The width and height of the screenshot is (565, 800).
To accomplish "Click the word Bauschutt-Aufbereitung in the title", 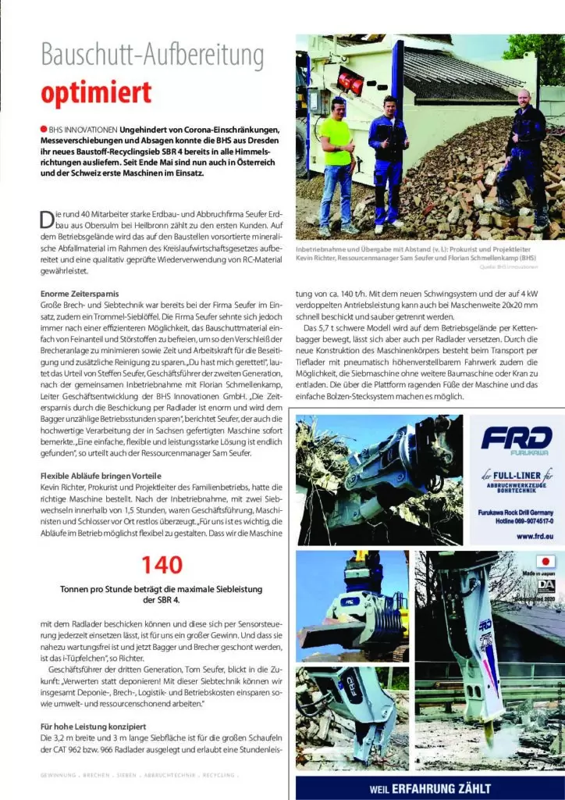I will click(x=152, y=56).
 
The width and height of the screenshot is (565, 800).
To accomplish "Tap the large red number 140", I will click(x=162, y=564).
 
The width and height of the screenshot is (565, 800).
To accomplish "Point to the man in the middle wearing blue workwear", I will click(x=388, y=160).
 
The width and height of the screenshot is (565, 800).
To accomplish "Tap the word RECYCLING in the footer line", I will click(x=219, y=776).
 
